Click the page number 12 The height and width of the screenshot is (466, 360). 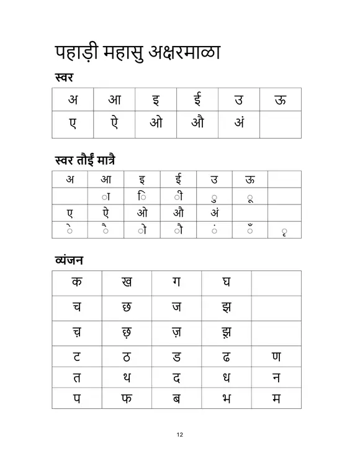point(179,434)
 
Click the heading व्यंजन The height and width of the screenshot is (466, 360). point(68,260)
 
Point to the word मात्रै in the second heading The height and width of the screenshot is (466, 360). point(102,160)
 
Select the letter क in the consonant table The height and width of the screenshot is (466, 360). point(76,282)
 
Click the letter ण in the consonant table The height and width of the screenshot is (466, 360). point(276,357)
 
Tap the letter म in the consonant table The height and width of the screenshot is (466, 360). point(276,398)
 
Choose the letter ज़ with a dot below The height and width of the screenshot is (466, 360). point(176,332)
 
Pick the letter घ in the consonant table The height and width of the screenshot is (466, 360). point(227,282)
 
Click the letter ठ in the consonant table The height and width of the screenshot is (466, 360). point(127,357)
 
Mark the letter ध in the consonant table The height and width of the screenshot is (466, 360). point(227,377)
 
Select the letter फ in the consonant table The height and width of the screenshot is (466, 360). point(127,398)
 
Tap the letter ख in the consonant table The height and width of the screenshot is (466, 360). point(127,282)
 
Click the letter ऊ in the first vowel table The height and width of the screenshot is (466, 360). point(281,99)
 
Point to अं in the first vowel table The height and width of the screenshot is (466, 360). point(239,124)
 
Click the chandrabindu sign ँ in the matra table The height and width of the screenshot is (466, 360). point(250,230)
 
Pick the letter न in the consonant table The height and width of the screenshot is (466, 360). point(276,377)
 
